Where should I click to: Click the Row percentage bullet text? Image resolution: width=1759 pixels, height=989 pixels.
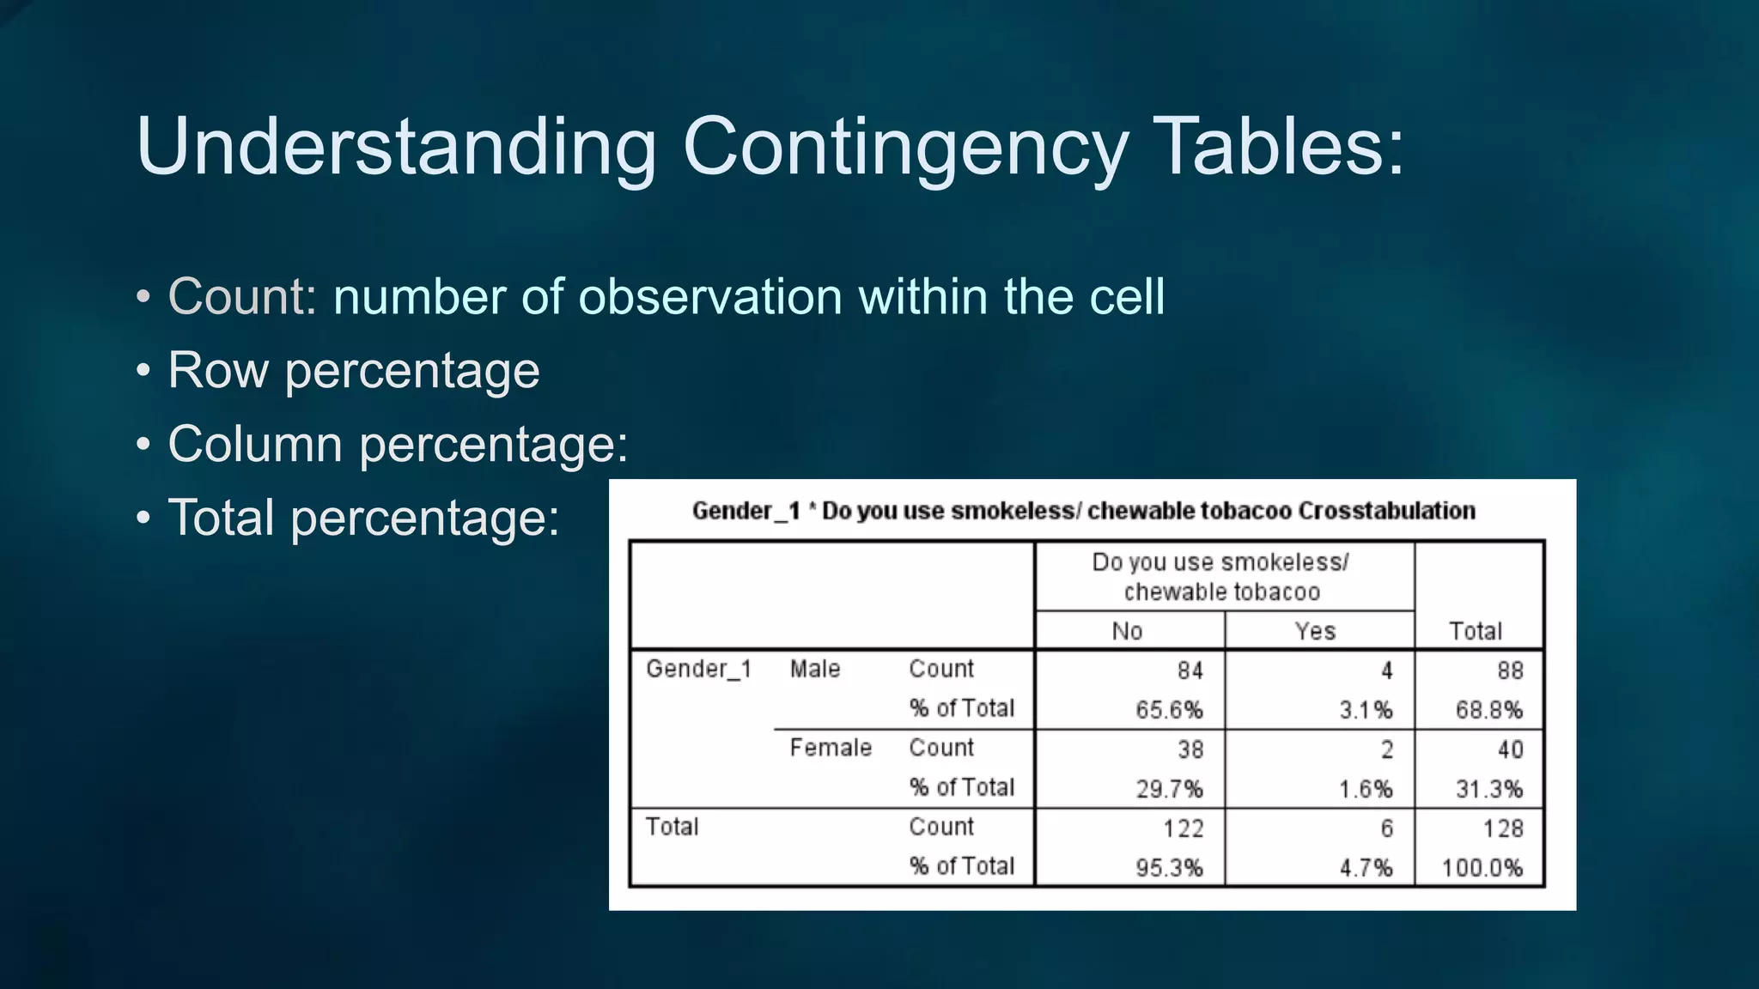[353, 371]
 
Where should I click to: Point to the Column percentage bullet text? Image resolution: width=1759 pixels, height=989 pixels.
[398, 445]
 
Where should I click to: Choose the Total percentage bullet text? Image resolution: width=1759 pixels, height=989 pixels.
[363, 519]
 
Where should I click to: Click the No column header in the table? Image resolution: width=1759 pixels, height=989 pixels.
[1127, 631]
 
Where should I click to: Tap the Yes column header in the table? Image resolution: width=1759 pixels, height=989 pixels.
[1315, 631]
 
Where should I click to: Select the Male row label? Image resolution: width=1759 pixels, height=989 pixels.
[815, 669]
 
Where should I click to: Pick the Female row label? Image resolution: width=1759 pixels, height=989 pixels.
[831, 748]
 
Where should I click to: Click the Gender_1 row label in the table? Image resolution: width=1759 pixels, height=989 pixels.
[698, 669]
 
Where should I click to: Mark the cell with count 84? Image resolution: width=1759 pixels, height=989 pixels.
[1190, 670]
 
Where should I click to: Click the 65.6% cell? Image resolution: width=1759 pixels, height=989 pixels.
[1169, 710]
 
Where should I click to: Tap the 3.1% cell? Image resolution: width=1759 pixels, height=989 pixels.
[1366, 710]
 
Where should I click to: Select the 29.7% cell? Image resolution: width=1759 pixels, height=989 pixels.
[1169, 789]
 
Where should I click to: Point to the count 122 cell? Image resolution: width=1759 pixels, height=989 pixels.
[1183, 828]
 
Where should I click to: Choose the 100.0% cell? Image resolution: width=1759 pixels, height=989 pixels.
[1482, 868]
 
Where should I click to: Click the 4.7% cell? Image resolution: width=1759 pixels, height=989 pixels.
[1366, 868]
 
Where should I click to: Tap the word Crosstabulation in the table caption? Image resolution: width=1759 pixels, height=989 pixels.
[1386, 511]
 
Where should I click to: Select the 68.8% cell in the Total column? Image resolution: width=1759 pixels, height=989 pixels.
[1488, 710]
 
